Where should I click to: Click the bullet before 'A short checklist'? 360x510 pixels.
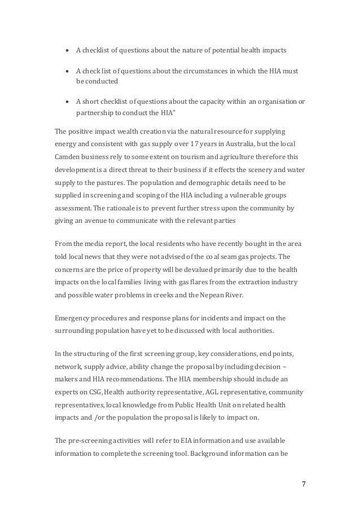68,102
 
